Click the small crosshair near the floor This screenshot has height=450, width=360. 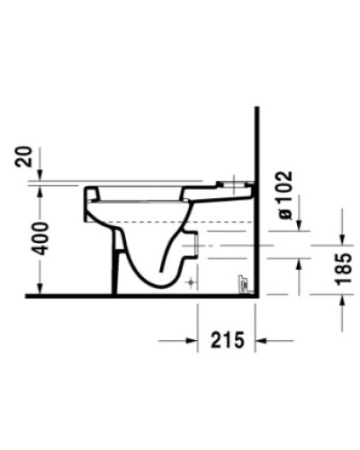click(190, 283)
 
